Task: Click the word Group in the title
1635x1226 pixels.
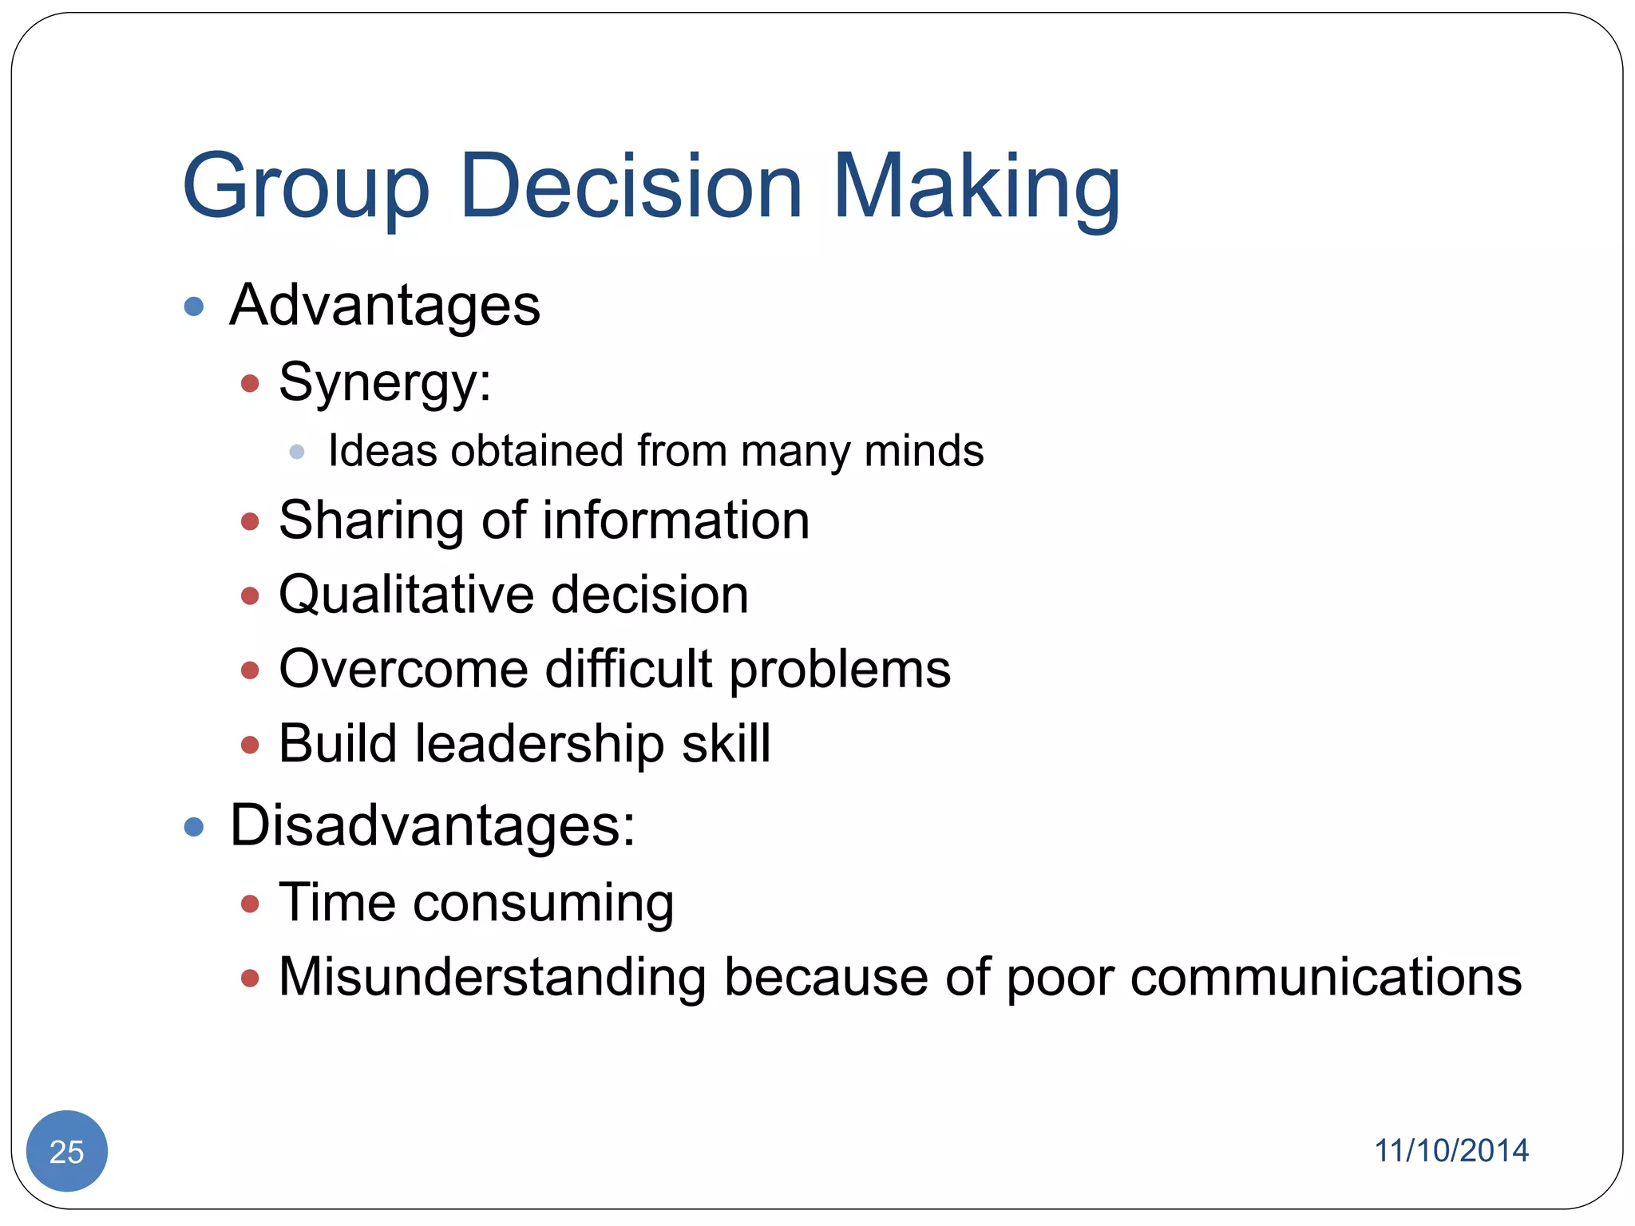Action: tap(306, 188)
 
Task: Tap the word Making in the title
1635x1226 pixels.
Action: tap(976, 188)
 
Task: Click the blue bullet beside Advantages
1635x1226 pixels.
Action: tap(194, 306)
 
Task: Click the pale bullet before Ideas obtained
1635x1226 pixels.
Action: tap(297, 452)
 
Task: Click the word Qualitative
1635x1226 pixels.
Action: tap(406, 595)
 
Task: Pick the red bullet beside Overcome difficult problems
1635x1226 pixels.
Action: tap(250, 670)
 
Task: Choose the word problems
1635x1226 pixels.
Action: tap(840, 669)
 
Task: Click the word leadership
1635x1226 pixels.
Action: tap(540, 744)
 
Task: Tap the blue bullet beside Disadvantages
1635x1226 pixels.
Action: tap(194, 826)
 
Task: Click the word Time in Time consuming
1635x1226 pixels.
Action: tap(337, 903)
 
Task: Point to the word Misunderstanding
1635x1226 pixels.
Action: tap(492, 977)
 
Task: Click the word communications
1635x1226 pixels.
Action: tap(1326, 977)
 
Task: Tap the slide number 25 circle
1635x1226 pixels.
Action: tap(67, 1151)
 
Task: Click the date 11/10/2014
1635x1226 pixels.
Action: tap(1451, 1151)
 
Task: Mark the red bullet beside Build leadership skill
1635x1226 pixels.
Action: tap(250, 745)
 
